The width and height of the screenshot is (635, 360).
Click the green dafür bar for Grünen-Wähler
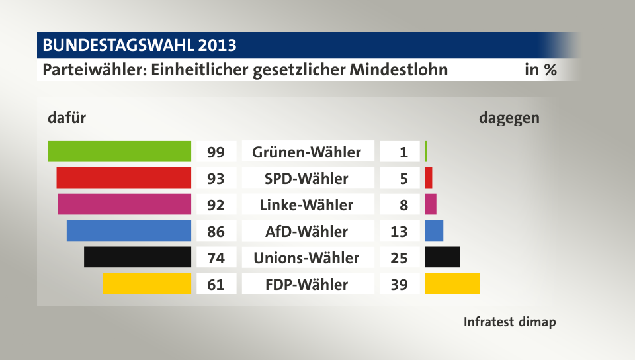click(x=120, y=152)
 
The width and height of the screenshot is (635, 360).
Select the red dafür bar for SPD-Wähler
click(x=124, y=178)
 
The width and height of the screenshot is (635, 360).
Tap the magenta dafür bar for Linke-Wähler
click(x=124, y=204)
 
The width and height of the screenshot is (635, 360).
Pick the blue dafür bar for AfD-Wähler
click(x=129, y=230)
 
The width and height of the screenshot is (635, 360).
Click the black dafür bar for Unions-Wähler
click(x=138, y=257)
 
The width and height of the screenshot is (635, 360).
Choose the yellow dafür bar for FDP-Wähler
click(x=147, y=283)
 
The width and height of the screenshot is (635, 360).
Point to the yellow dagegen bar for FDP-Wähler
click(x=452, y=283)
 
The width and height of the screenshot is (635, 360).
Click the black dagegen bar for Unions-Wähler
click(x=443, y=257)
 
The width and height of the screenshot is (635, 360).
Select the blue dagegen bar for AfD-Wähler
click(x=434, y=230)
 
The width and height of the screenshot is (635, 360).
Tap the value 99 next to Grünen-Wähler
click(x=216, y=152)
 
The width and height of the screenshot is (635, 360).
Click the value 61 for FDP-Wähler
click(x=216, y=285)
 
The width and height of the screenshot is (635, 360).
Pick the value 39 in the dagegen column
click(x=400, y=285)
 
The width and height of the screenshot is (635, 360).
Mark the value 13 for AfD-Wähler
click(x=400, y=232)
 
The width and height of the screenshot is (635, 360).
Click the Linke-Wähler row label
click(x=307, y=205)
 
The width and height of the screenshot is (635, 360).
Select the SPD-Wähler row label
click(x=306, y=179)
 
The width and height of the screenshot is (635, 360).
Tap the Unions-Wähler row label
click(x=306, y=258)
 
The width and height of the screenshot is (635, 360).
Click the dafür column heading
click(x=67, y=118)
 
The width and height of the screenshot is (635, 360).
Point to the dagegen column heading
click(x=509, y=118)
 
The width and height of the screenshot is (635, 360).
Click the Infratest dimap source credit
click(x=509, y=322)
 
